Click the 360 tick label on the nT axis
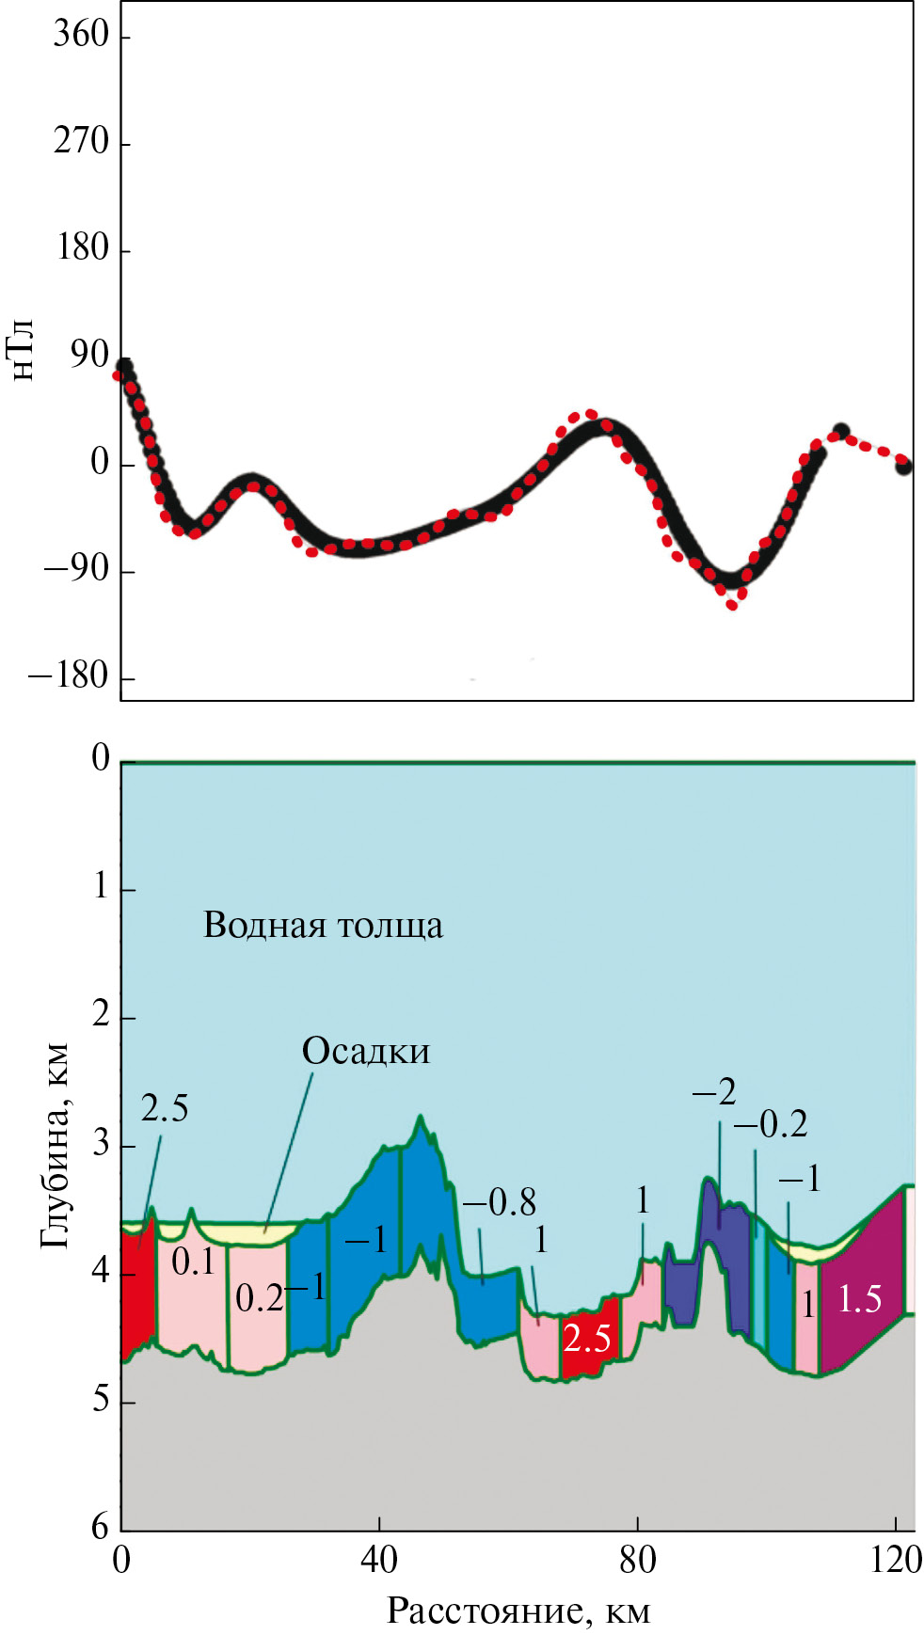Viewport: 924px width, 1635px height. (x=81, y=35)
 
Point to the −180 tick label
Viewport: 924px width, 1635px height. (x=69, y=676)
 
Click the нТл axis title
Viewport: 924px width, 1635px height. (x=23, y=350)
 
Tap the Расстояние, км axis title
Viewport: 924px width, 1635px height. (x=518, y=1611)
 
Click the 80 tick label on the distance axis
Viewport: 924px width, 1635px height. (x=638, y=1560)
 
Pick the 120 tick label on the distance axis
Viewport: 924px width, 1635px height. (x=896, y=1560)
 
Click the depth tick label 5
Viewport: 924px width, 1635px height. (x=101, y=1400)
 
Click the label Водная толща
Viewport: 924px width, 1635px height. (x=323, y=926)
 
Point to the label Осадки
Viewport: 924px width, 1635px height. (x=366, y=1051)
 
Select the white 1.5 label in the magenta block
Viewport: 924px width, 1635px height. (x=859, y=1299)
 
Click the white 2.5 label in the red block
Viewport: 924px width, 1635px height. (x=586, y=1338)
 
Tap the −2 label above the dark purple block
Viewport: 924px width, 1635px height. (x=714, y=1092)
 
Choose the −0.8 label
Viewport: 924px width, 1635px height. (x=499, y=1202)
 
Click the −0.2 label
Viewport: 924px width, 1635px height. (x=771, y=1124)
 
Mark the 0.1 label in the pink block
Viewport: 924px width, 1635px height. (x=193, y=1262)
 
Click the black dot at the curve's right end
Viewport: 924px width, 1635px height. (x=903, y=466)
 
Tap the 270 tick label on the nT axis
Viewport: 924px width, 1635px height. (x=81, y=142)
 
